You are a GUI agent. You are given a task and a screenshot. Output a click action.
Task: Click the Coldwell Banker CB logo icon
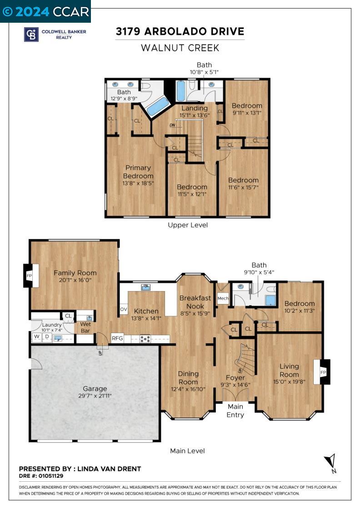point(31,35)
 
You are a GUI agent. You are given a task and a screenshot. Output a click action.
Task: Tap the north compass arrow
point(331,462)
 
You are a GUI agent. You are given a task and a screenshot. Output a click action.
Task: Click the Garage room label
point(95,389)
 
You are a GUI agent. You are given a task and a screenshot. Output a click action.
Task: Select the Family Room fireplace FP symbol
point(29,276)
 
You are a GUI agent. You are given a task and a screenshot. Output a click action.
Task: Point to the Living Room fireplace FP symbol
point(323,372)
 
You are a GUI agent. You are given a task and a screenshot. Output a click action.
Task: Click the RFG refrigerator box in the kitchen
point(117,338)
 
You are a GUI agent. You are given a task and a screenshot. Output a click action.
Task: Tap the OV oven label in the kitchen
point(123,309)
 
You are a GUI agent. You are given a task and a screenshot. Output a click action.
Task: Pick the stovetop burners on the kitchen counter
point(145,339)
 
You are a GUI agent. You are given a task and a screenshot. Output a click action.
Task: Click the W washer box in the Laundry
point(36,337)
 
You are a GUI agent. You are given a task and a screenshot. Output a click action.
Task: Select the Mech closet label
point(223,298)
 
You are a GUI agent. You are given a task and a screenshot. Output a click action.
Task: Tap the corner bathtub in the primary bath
point(157,106)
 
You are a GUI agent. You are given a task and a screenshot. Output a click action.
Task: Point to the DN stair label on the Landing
point(172,125)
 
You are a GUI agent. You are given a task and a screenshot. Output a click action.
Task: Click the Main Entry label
point(235,411)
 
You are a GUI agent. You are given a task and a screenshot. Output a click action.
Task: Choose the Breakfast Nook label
point(195,302)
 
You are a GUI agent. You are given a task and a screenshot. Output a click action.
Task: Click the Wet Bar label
point(85,328)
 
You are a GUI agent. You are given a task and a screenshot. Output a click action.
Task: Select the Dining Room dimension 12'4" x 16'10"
point(188,389)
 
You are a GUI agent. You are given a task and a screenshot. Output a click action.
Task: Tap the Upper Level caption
point(187,225)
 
